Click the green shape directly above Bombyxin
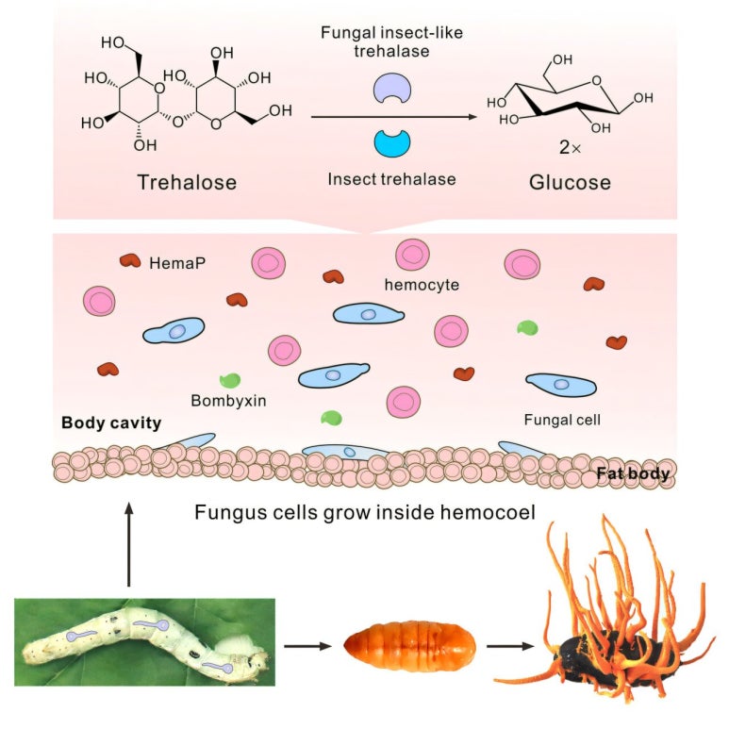229,381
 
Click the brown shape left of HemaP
128,260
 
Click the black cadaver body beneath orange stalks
604,654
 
